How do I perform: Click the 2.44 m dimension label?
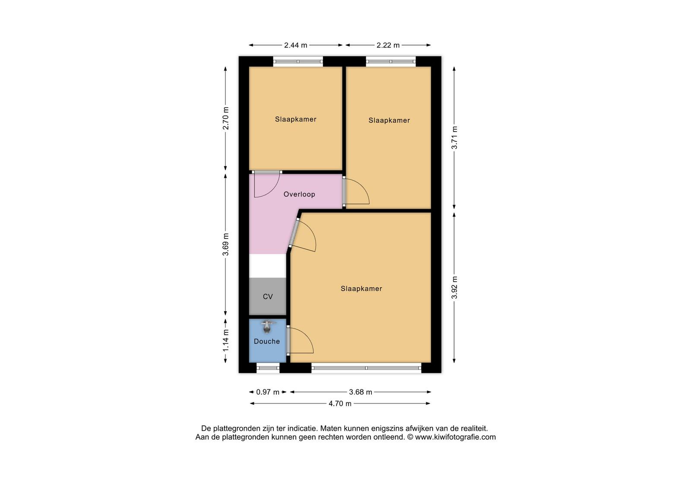(295, 45)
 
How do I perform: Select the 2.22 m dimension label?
(388, 45)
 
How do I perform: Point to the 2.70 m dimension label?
(226, 118)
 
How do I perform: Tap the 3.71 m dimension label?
(454, 138)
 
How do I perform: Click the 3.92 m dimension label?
(454, 288)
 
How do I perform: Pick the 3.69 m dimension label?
(226, 245)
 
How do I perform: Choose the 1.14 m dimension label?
(226, 341)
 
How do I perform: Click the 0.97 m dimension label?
(268, 392)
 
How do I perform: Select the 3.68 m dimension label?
(361, 392)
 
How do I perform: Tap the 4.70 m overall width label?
(340, 404)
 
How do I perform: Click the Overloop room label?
(299, 194)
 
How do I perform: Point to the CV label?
(268, 296)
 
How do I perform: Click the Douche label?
(267, 341)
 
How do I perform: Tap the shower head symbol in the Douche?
(267, 327)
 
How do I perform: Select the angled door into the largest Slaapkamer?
(294, 232)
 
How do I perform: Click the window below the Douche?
(268, 368)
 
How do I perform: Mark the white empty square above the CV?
(267, 266)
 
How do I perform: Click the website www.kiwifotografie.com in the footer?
(455, 437)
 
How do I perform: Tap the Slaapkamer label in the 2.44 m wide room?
(296, 119)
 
